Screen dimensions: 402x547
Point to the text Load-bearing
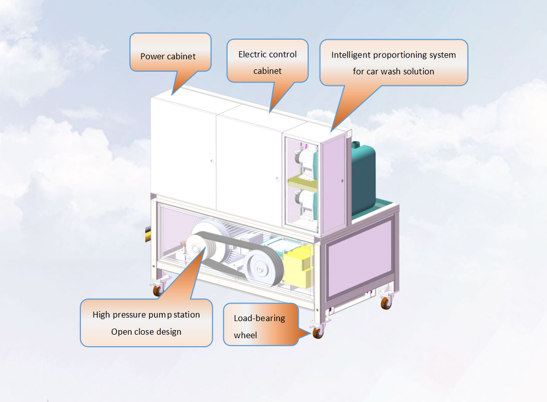(x=259, y=318)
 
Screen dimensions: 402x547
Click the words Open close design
(x=146, y=331)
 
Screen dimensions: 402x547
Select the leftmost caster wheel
(x=156, y=290)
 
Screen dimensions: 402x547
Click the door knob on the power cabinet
(x=212, y=162)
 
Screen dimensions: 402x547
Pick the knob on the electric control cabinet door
(x=278, y=176)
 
